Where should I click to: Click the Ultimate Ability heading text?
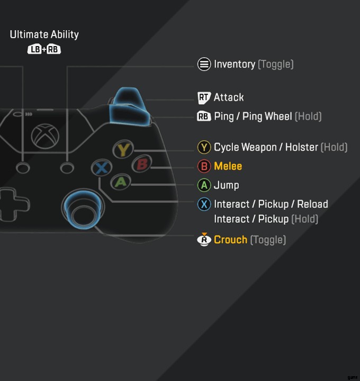tap(44, 34)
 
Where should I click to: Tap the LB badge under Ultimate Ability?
tap(34, 50)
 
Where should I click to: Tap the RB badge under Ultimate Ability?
tap(54, 50)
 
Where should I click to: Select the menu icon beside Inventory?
tap(204, 65)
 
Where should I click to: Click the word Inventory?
tap(235, 65)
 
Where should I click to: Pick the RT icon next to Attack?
tap(204, 97)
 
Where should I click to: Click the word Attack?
tap(229, 97)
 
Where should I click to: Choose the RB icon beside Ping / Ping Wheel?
tap(204, 116)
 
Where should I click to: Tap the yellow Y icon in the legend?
tap(204, 147)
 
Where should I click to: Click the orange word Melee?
tap(228, 166)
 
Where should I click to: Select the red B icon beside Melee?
tap(204, 166)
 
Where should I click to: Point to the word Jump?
tap(226, 185)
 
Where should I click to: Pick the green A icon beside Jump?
tap(204, 185)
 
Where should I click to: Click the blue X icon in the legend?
tap(204, 204)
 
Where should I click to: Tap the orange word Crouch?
tap(230, 240)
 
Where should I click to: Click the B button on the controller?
tap(141, 165)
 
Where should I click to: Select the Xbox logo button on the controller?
tap(44, 135)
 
